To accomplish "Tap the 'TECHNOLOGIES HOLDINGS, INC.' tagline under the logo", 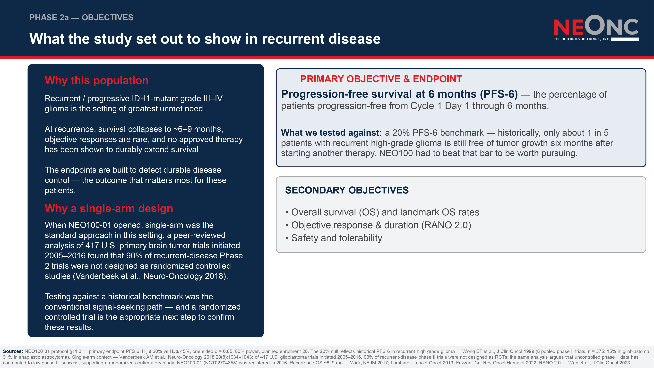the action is pyautogui.click(x=582, y=39).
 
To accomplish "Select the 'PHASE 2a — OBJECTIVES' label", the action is pyautogui.click(x=81, y=17).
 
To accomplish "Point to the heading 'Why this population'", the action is pyautogui.click(x=96, y=80).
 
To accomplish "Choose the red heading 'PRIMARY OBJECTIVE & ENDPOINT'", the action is pyautogui.click(x=381, y=79).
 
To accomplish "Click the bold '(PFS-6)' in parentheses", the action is pyautogui.click(x=499, y=94).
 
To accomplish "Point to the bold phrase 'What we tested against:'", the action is pyautogui.click(x=331, y=133).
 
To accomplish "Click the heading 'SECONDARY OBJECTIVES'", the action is pyautogui.click(x=347, y=190).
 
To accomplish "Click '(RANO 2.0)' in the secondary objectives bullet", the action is pyautogui.click(x=446, y=225).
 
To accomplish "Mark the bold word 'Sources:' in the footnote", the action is pyautogui.click(x=13, y=351).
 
